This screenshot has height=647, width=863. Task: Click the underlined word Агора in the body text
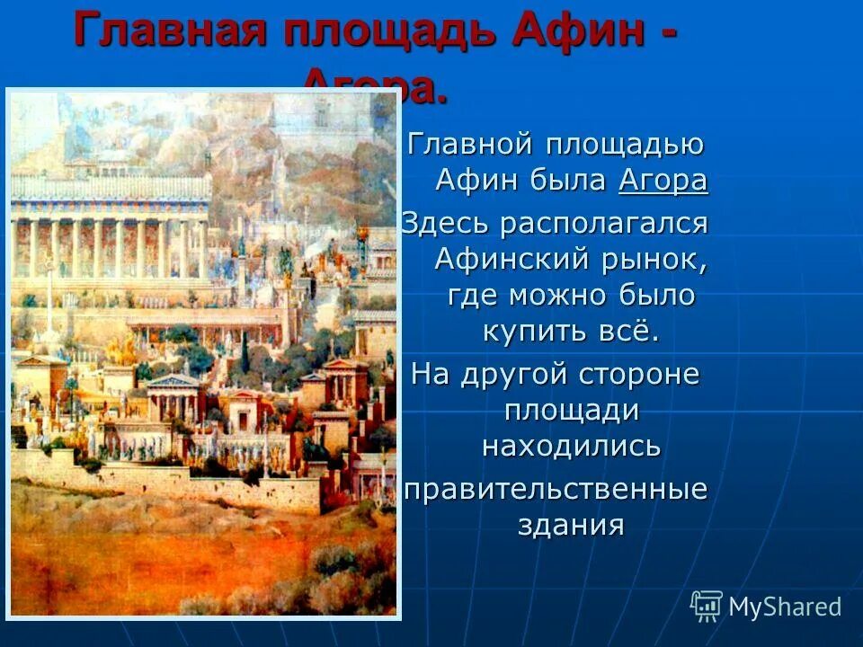coord(663,180)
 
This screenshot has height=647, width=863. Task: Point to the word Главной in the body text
coord(466,144)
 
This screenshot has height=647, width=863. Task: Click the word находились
coord(571,446)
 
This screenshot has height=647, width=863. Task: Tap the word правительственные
coord(555,491)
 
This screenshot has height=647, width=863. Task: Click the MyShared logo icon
coord(707,606)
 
